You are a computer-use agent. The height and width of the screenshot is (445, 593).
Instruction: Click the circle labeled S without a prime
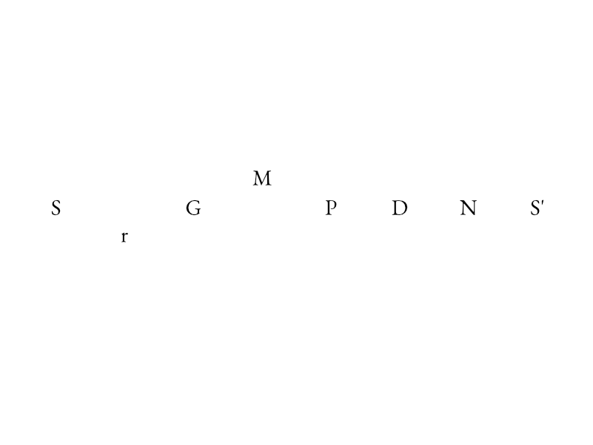(56, 208)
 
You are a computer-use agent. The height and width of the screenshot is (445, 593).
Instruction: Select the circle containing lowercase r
(124, 237)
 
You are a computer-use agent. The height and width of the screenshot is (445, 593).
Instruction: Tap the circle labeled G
(193, 208)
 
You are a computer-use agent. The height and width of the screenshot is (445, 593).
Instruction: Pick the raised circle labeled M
(262, 178)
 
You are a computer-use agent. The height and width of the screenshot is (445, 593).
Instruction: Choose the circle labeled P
(331, 208)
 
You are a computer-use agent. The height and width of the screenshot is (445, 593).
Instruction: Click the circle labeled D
(400, 208)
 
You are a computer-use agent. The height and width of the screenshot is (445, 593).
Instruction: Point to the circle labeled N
(469, 208)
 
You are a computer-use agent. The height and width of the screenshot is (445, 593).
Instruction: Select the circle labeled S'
(537, 208)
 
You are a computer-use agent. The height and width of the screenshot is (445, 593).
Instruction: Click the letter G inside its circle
(193, 208)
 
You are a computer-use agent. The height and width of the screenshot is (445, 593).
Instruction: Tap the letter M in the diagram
(262, 179)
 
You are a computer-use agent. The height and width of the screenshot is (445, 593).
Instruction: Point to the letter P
(331, 208)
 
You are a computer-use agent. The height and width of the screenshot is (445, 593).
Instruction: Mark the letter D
(400, 208)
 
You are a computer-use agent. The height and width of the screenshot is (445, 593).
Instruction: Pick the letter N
(469, 208)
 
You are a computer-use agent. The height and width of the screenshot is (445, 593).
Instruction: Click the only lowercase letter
(124, 238)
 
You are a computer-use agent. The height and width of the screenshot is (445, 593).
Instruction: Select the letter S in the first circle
(56, 208)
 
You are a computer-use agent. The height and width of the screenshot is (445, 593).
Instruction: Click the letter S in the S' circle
(535, 208)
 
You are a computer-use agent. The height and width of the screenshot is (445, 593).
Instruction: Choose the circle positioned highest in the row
(262, 178)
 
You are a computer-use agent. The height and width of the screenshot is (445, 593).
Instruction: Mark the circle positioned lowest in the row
(124, 237)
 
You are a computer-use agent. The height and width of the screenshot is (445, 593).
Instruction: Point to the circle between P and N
(400, 208)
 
